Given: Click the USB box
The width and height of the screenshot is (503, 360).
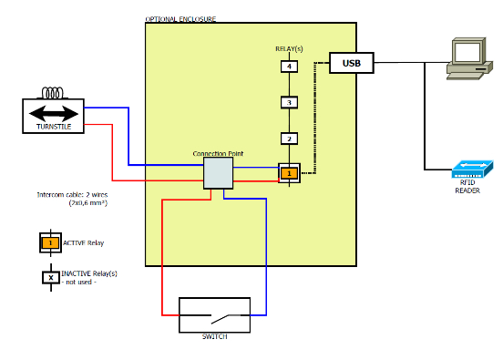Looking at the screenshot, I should [352, 63].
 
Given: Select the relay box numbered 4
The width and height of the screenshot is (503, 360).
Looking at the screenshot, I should [289, 67].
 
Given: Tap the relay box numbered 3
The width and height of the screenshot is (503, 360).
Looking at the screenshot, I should [289, 102].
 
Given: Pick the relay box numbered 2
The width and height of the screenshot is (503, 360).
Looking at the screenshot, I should [289, 139].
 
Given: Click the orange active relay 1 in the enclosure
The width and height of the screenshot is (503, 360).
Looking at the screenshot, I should [289, 172].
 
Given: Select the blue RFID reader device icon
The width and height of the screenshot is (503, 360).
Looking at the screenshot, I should [471, 169].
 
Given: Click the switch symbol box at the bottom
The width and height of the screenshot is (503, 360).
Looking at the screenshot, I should [214, 315].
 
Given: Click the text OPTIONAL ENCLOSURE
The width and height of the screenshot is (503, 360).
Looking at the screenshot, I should [180, 19].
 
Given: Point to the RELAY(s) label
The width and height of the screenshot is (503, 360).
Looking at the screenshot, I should [289, 47].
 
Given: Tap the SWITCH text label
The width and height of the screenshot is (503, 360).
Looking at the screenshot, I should [214, 337].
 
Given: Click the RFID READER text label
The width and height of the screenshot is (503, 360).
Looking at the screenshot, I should [467, 187].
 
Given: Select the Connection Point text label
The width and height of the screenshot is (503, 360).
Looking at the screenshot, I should [218, 153].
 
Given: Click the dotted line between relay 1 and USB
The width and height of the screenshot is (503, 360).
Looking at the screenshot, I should [314, 118].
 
